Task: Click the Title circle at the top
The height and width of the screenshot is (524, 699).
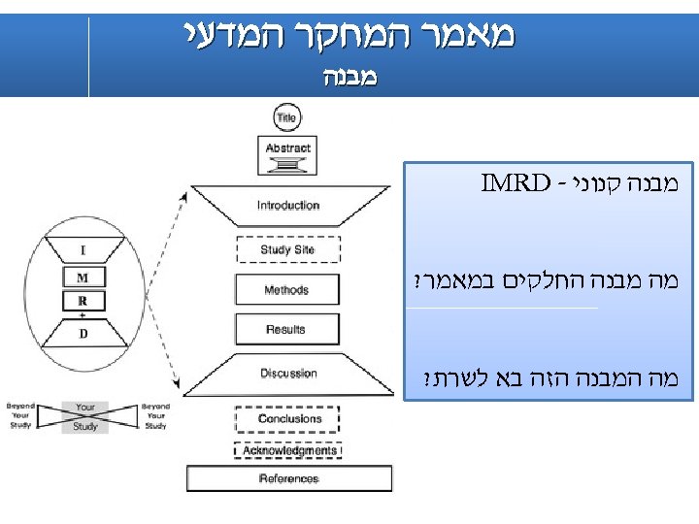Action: coord(287,118)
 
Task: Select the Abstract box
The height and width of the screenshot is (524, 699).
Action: coord(287,152)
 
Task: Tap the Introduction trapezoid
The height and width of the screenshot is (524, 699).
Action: coord(288,206)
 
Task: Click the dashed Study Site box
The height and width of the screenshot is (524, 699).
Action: coord(287,250)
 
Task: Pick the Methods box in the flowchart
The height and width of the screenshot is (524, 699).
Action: coord(287,290)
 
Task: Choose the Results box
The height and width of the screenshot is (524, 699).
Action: coord(287,330)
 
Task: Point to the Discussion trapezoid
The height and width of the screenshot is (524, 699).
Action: coord(288,374)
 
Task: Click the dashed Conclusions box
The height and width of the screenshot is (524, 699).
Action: coord(289,419)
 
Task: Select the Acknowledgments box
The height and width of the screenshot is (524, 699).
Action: coord(289,451)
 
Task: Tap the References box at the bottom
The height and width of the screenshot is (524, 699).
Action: coord(289,478)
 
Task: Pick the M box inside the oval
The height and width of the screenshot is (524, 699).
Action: coord(83,278)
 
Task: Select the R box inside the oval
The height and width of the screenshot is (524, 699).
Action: coord(83,301)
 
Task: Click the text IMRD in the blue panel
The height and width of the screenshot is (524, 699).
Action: coord(512,180)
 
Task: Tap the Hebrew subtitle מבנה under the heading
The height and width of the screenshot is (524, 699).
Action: coord(349,76)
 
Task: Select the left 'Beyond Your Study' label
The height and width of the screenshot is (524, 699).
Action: coord(20,415)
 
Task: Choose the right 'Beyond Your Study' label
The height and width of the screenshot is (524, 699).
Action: coord(154,415)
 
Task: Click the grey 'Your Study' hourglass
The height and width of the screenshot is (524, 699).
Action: coord(85,416)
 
